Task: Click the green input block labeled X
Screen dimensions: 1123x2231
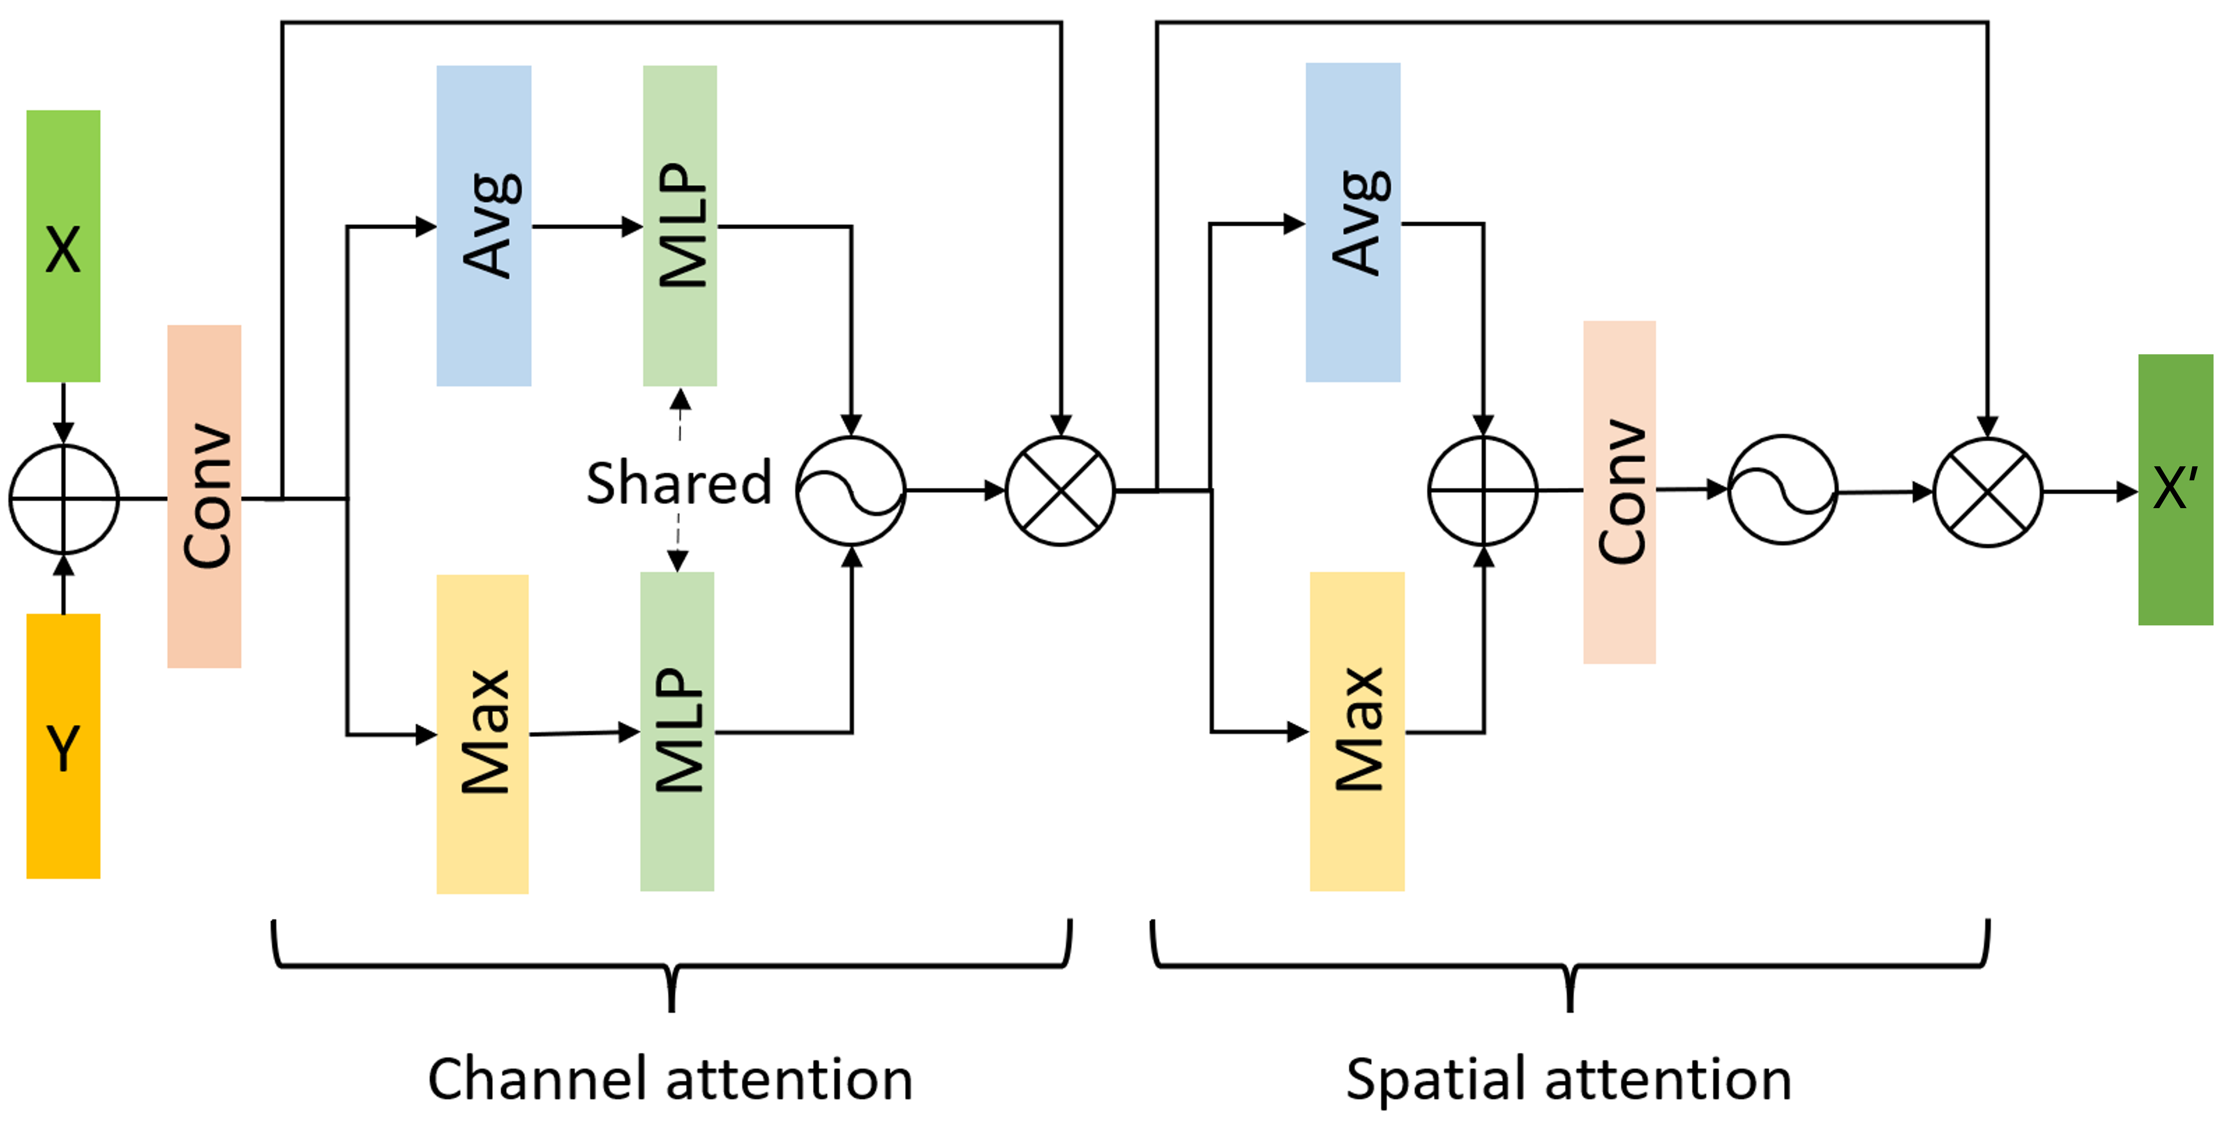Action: (x=63, y=246)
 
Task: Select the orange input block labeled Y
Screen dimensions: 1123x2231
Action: (x=63, y=746)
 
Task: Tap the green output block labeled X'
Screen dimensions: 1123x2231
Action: (x=2175, y=489)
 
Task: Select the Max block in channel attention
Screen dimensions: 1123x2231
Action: (x=482, y=734)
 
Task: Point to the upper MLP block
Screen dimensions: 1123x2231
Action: (x=680, y=225)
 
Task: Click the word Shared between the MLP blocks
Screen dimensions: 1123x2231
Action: (x=679, y=483)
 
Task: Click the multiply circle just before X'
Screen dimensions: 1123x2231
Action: (x=1988, y=492)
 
